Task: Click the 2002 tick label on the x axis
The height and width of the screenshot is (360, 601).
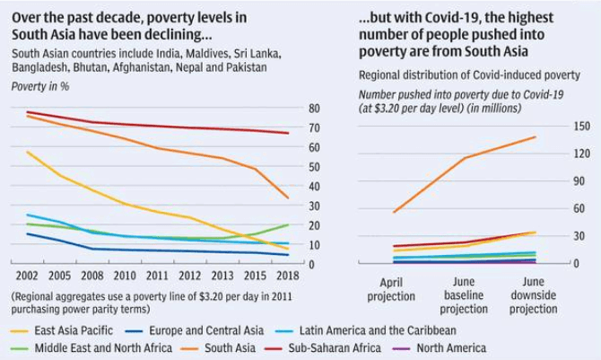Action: tap(26, 276)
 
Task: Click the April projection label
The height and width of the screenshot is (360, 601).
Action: tap(391, 288)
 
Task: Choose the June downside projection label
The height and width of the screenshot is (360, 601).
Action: tap(533, 294)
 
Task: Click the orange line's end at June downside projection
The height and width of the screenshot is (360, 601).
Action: tap(535, 137)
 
